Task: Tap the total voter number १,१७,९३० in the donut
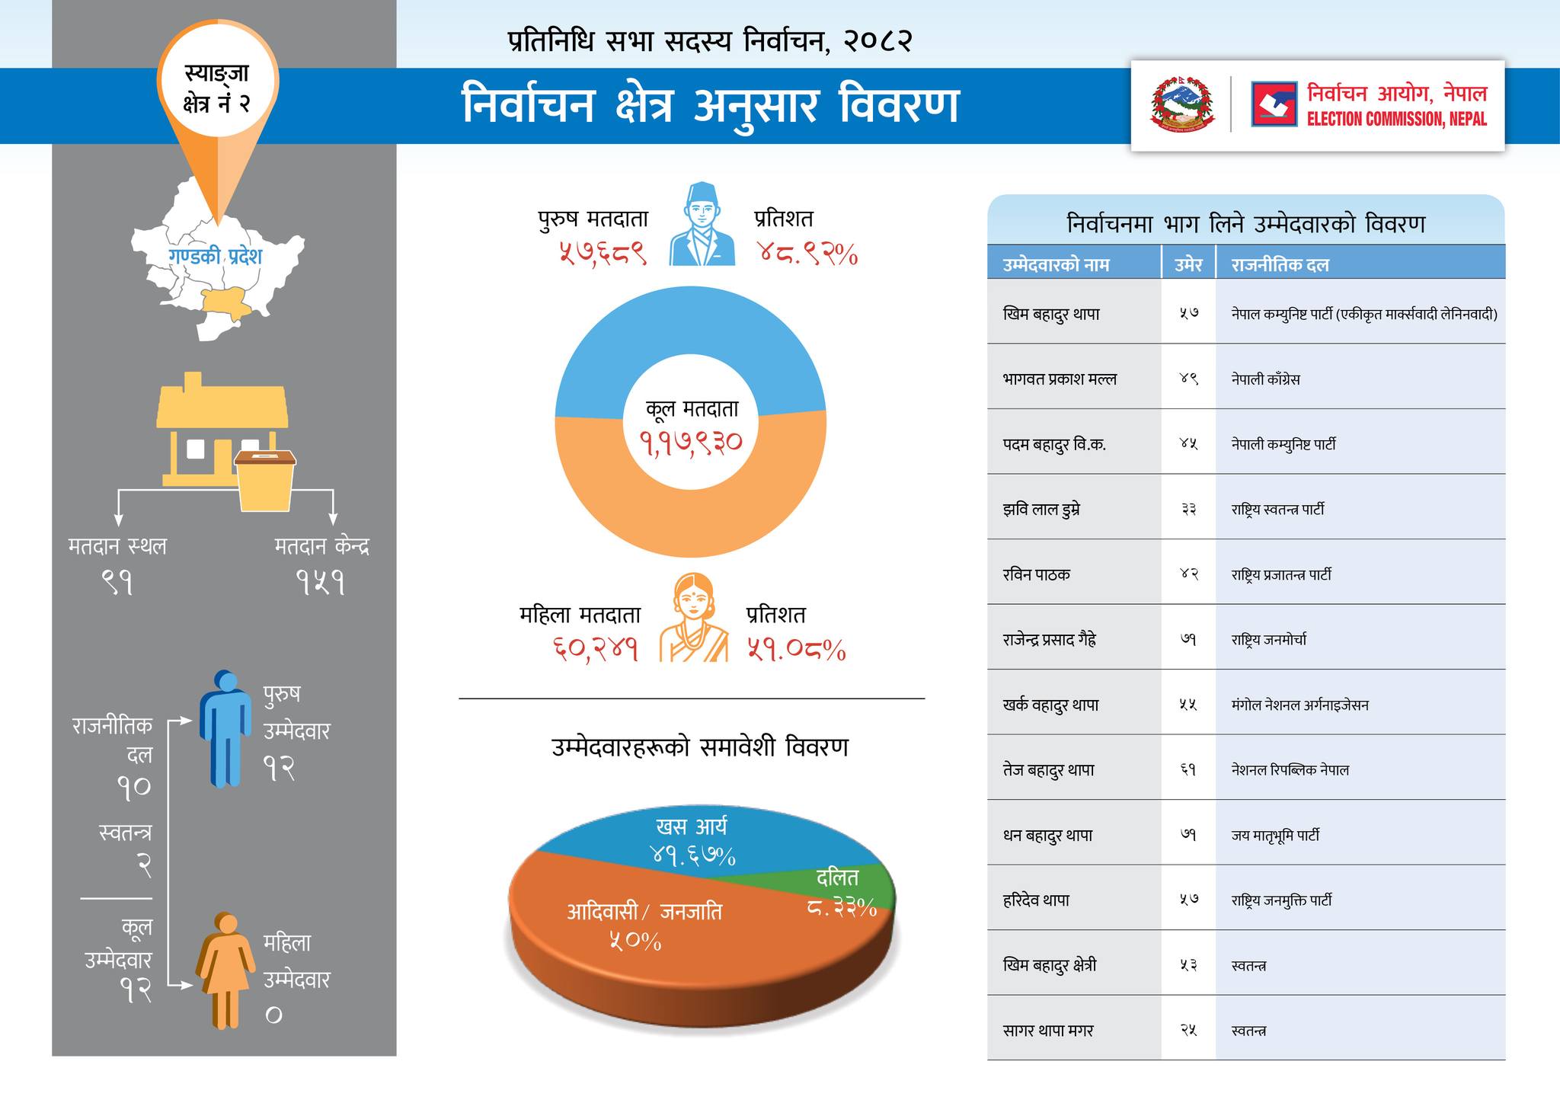pos(690,443)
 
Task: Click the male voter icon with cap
pos(702,224)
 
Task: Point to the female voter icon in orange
pos(693,618)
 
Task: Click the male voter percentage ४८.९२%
pos(807,253)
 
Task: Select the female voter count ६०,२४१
pos(595,649)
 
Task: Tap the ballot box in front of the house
pos(264,479)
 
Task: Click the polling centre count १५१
pos(321,583)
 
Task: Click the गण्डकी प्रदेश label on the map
pos(215,256)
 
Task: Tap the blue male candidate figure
pos(225,727)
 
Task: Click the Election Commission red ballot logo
pos(1274,104)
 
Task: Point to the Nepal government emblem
pos(1181,104)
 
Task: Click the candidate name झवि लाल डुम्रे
pos(1042,510)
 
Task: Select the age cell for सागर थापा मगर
pos(1188,1031)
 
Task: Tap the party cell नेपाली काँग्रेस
pos(1265,379)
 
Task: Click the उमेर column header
pos(1188,265)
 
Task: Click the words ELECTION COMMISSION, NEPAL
pos(1396,120)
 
